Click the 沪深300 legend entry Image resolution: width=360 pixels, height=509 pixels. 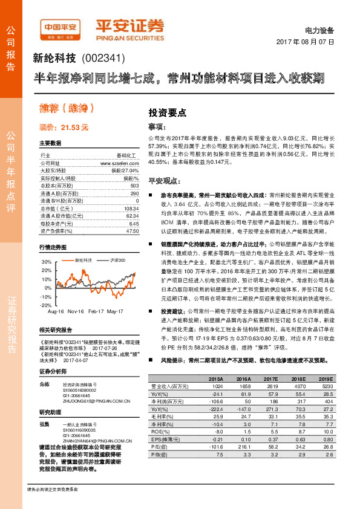(119, 259)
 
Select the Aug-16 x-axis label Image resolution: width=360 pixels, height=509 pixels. (56, 311)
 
